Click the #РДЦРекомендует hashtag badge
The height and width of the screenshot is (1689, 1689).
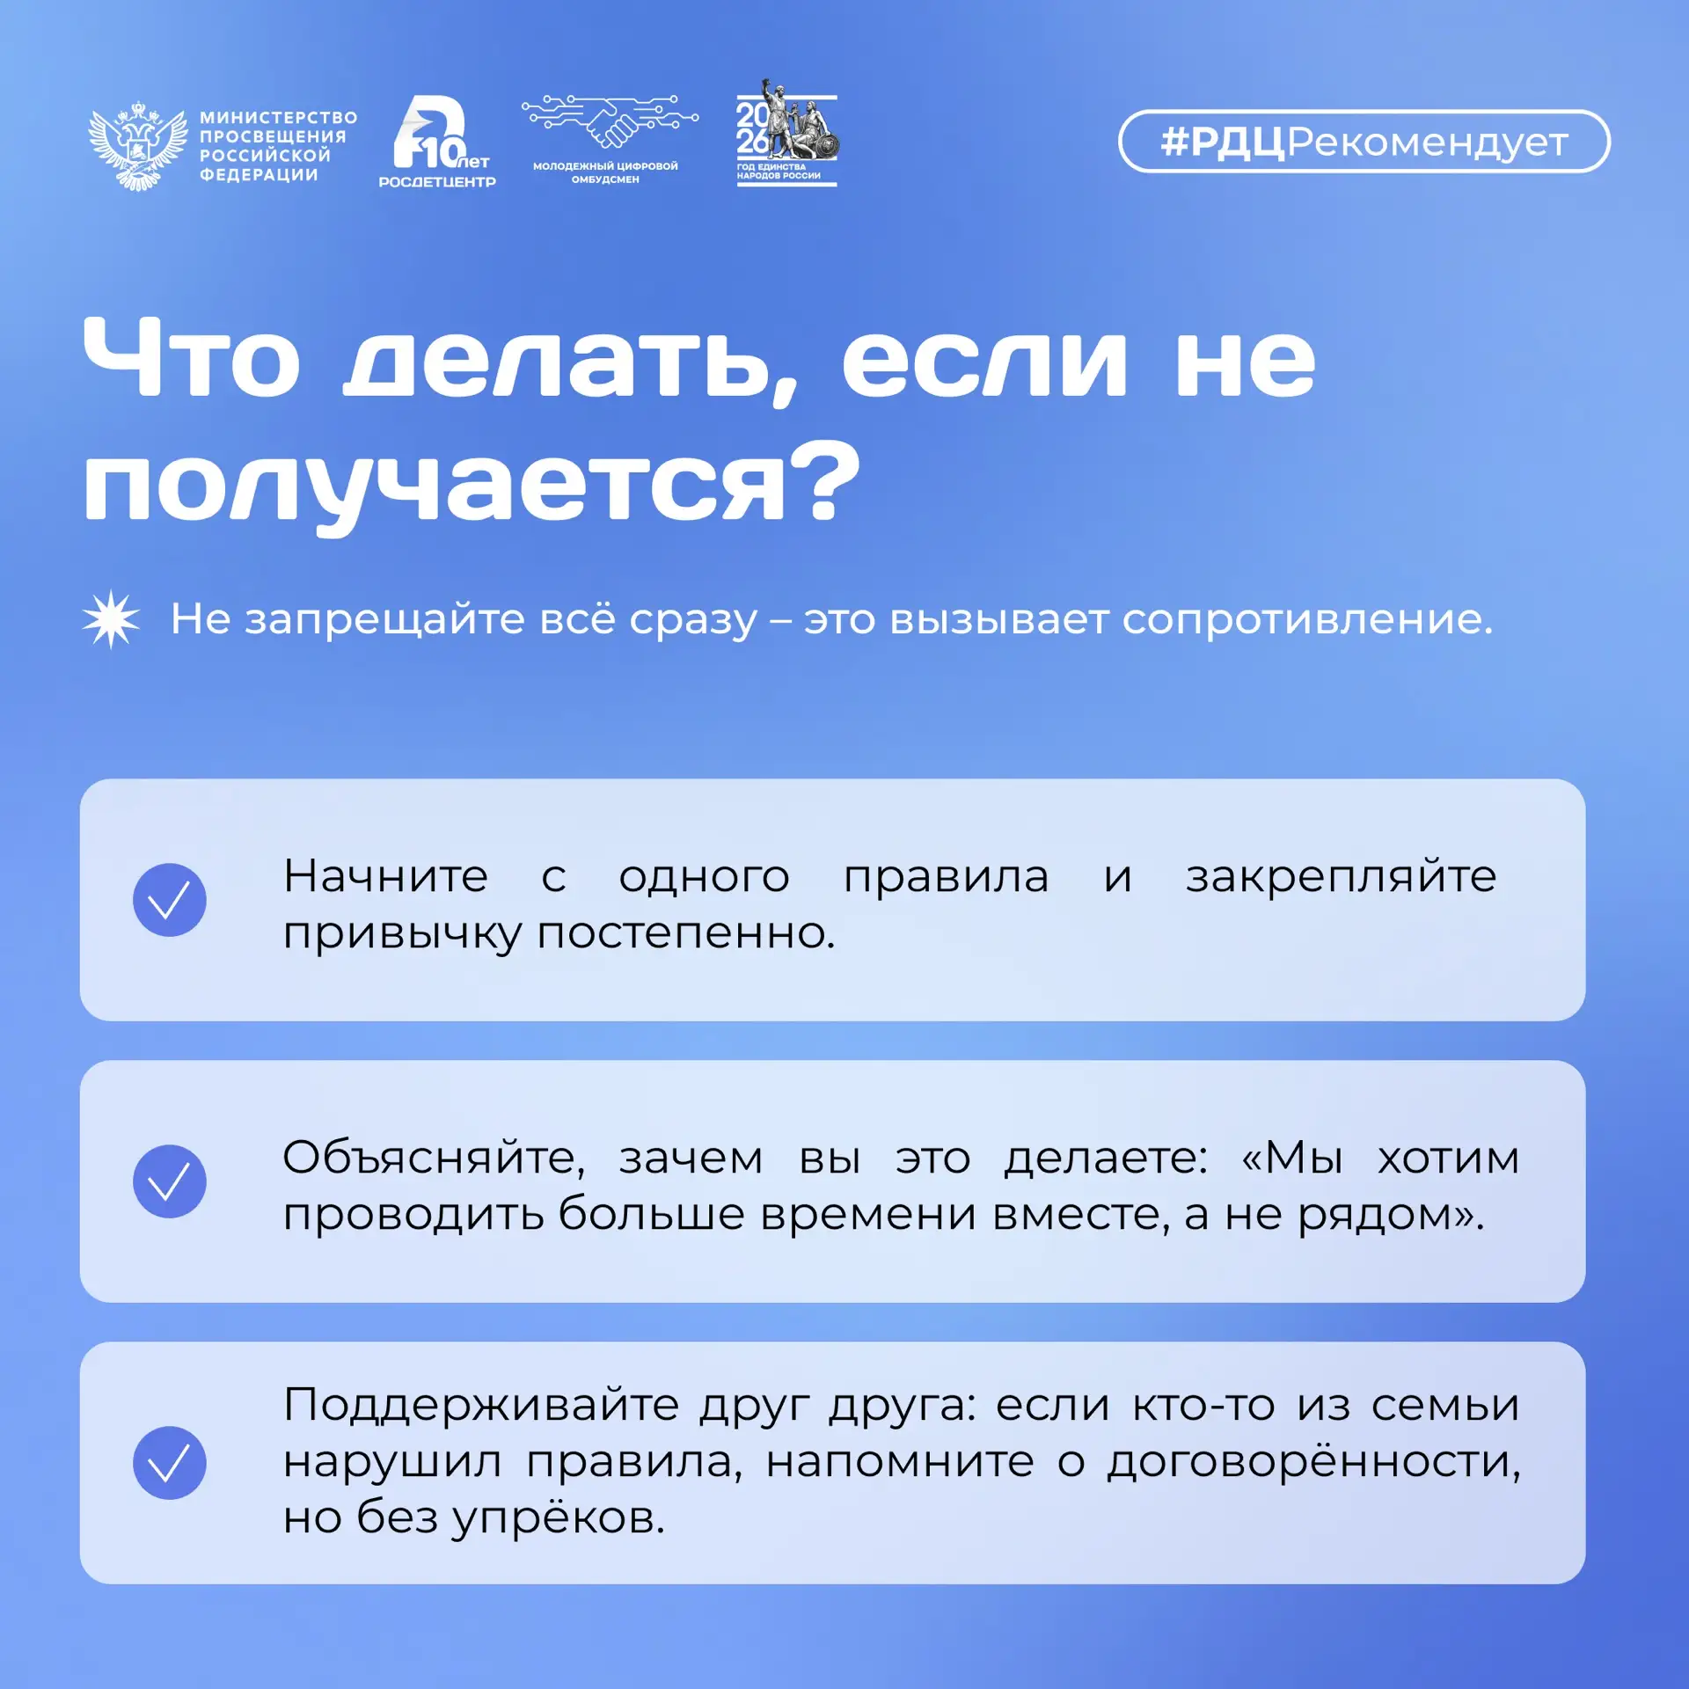click(x=1364, y=141)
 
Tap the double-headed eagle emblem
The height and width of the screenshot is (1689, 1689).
click(x=138, y=145)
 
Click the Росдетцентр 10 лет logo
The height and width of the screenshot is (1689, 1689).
click(x=437, y=141)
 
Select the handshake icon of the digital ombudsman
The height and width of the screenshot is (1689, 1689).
click(x=611, y=122)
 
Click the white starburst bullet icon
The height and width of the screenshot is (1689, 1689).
click(x=111, y=619)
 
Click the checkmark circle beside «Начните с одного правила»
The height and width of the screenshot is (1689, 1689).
click(x=170, y=900)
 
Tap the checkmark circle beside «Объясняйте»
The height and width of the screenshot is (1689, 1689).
click(x=170, y=1181)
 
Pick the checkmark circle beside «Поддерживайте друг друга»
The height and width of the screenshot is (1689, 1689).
click(x=170, y=1463)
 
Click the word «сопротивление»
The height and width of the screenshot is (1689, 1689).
click(x=1307, y=621)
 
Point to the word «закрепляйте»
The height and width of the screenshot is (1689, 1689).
click(x=1341, y=878)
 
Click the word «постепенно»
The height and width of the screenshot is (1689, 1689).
click(x=686, y=934)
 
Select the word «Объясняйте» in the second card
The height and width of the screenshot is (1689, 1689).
click(x=434, y=1159)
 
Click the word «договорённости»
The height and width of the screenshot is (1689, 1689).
click(x=1313, y=1462)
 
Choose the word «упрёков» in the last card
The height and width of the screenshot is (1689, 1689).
click(x=558, y=1518)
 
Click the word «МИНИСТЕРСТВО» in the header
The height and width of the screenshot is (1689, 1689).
click(x=279, y=118)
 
